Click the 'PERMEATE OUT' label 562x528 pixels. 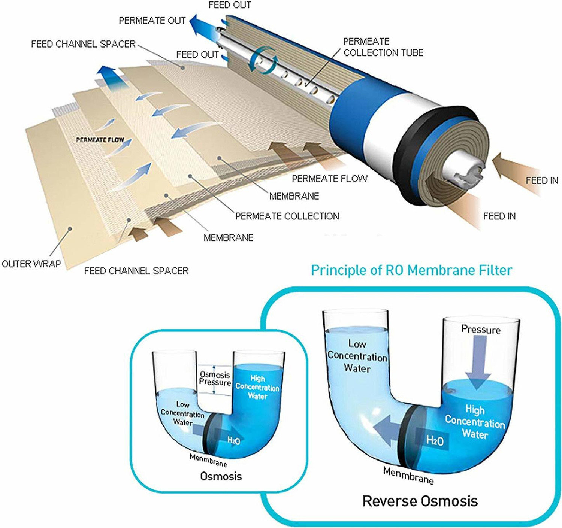click(x=152, y=21)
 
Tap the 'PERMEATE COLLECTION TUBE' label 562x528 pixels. click(x=383, y=47)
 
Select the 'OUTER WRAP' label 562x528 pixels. click(x=31, y=264)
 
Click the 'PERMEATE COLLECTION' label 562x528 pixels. click(x=287, y=216)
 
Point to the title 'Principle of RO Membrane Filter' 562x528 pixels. click(x=411, y=270)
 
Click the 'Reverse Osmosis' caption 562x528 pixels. click(x=420, y=501)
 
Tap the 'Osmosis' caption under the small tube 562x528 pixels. click(x=221, y=476)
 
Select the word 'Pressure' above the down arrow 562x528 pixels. click(x=481, y=330)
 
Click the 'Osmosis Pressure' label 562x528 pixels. click(x=215, y=378)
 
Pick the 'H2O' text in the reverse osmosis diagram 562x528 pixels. click(x=435, y=440)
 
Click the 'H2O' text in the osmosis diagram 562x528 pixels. click(x=234, y=440)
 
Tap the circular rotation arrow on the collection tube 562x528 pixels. click(x=264, y=60)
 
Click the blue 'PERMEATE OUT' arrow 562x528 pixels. click(x=202, y=25)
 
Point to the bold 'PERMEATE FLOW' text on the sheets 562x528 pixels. click(x=100, y=140)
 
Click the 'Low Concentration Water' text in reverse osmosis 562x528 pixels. click(x=357, y=356)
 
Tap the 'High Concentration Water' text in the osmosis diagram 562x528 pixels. click(x=257, y=387)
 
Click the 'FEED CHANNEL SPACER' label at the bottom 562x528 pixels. click(x=136, y=271)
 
